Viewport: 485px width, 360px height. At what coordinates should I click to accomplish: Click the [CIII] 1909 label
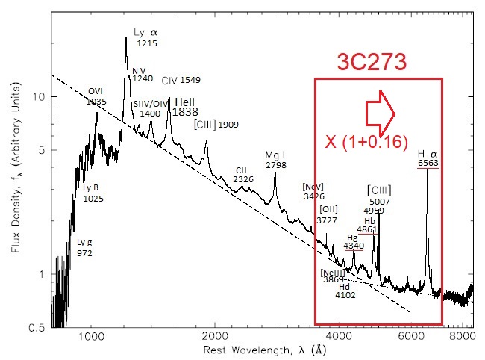(216, 124)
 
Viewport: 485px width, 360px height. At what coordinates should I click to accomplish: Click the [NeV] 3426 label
(313, 190)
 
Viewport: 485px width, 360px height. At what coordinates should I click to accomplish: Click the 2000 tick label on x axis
(215, 337)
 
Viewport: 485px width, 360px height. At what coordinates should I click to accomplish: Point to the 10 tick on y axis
(42, 98)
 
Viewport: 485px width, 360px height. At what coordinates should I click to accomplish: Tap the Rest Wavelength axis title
(257, 350)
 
